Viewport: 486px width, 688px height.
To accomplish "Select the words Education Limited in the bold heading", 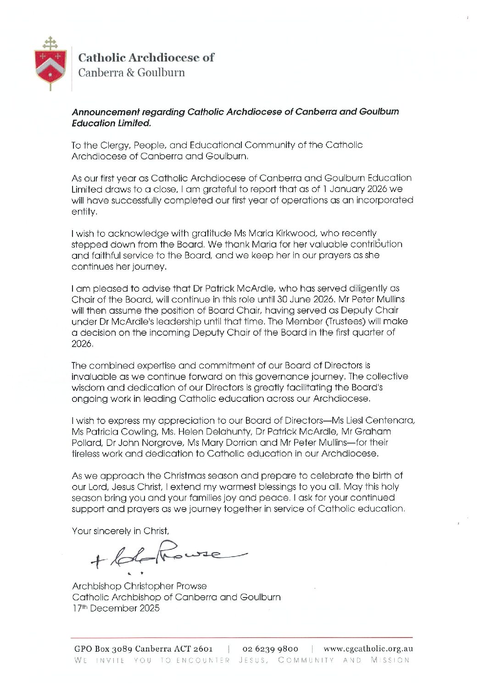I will [x=111, y=123].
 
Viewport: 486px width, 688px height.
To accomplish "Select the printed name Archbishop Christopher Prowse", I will [x=139, y=586].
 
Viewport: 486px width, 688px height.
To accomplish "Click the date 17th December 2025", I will [x=116, y=608].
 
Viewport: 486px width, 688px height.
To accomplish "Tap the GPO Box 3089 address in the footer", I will [x=143, y=649].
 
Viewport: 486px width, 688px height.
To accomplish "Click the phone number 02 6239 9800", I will [x=270, y=649].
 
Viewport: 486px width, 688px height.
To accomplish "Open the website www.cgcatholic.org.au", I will [x=368, y=649].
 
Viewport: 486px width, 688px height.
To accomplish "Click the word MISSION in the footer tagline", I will [x=390, y=660].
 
